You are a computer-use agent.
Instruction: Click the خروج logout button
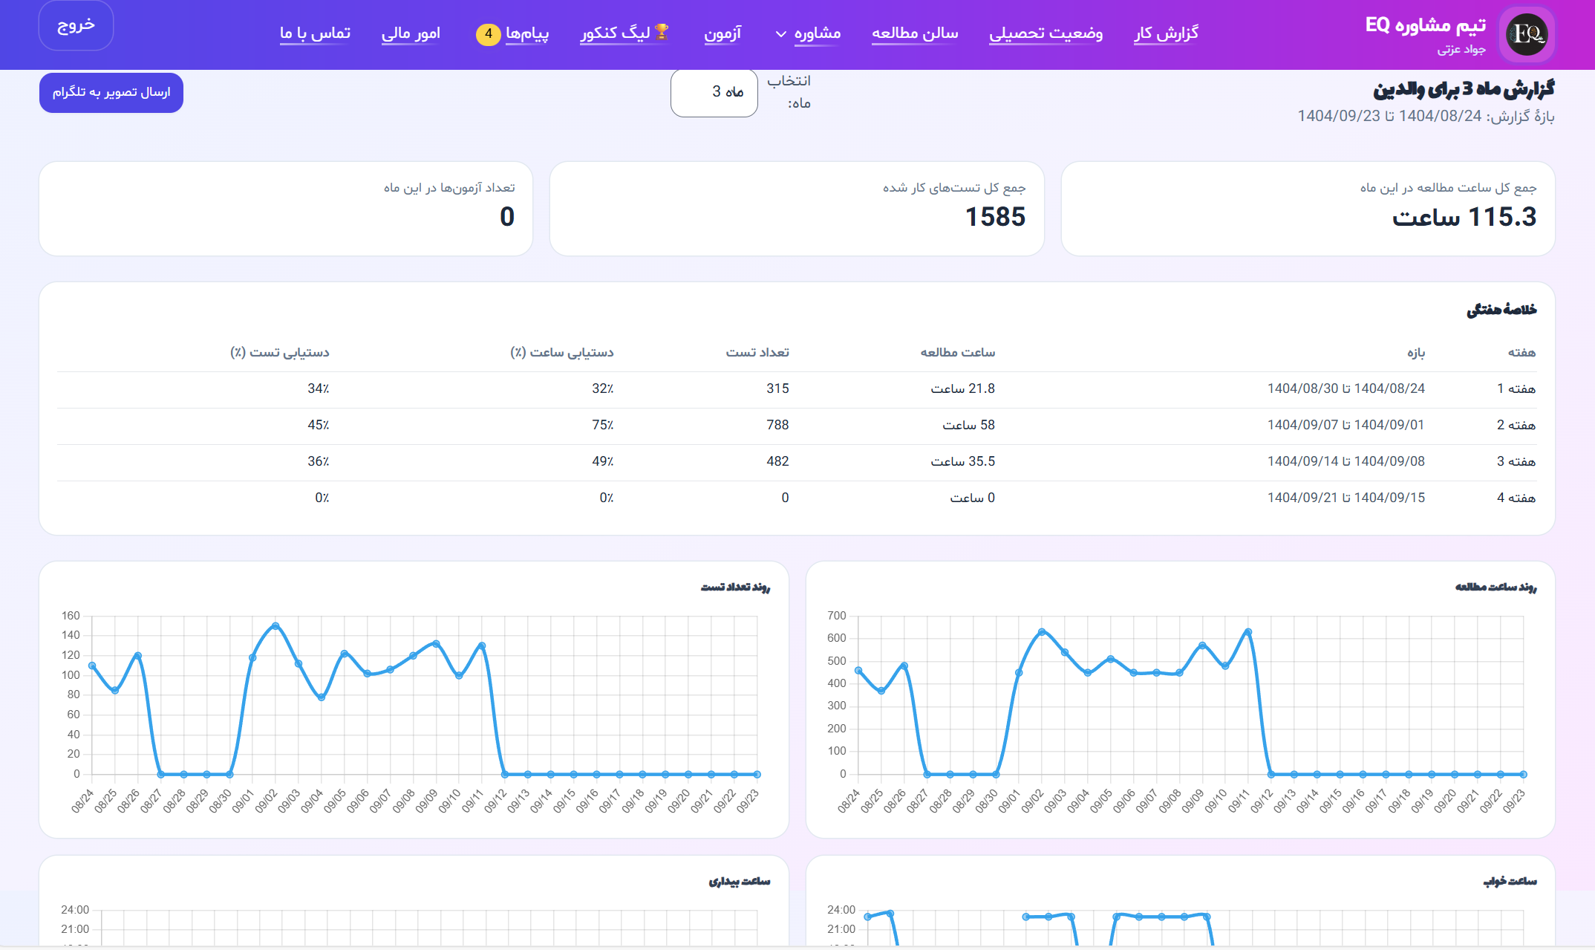76,25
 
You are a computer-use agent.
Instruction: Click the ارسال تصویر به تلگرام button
111,92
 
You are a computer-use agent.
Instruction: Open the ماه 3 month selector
714,92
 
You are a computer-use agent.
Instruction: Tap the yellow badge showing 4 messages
488,33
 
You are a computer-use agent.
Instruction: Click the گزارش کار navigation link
1166,33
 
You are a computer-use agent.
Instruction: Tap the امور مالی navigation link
410,33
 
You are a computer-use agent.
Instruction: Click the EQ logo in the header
1526,33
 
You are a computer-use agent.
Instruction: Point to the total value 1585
994,217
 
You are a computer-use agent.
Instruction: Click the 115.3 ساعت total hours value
1464,217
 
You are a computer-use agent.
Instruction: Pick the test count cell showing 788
777,425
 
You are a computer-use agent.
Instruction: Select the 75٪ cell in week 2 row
602,425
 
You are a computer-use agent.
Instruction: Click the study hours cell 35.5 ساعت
962,461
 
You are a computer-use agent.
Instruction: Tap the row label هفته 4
1516,498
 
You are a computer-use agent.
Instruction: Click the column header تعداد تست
757,352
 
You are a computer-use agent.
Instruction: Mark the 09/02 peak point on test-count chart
275,626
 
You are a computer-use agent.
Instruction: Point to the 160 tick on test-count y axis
71,616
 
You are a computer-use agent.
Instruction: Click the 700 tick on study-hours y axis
836,616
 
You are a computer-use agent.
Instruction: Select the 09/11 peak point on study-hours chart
1248,632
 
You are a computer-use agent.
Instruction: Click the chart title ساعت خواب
1510,881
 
